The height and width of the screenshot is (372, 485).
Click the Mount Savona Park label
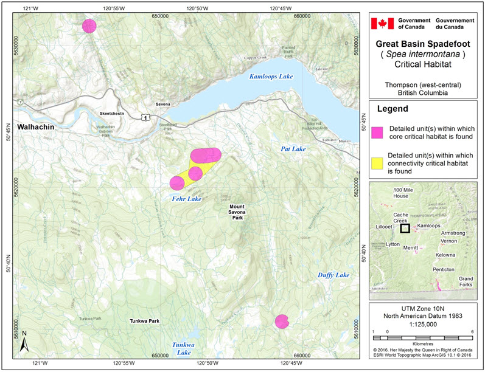(237, 212)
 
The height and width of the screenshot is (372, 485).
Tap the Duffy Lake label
(333, 275)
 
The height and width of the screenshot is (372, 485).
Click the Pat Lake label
(293, 148)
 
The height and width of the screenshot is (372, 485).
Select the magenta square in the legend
(378, 133)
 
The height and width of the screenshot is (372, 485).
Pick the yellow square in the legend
(378, 162)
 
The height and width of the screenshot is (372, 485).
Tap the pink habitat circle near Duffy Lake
(281, 321)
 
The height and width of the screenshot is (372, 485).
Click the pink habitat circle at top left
(89, 26)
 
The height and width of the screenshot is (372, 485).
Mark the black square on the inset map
(405, 228)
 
